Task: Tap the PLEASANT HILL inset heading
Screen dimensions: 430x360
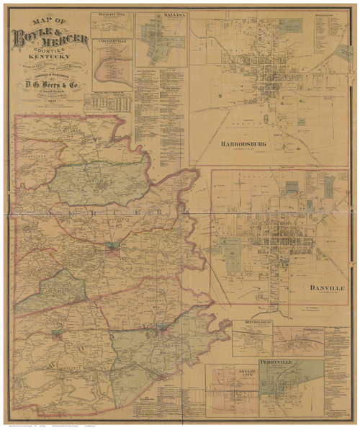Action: [x=112, y=14]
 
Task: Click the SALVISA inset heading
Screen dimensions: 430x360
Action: [x=161, y=15]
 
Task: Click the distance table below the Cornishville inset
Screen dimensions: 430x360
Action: [x=108, y=103]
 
